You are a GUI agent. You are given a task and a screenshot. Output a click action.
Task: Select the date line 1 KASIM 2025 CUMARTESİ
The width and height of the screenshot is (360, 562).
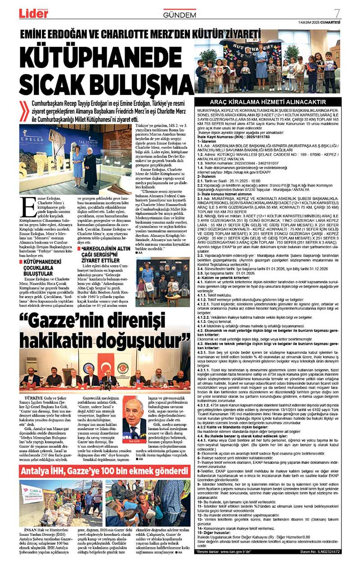tap(319, 22)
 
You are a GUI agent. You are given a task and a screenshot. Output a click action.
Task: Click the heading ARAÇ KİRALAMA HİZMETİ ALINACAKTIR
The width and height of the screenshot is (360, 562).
tap(267, 102)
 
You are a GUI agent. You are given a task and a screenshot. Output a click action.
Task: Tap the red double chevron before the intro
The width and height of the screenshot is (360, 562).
tap(25, 112)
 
